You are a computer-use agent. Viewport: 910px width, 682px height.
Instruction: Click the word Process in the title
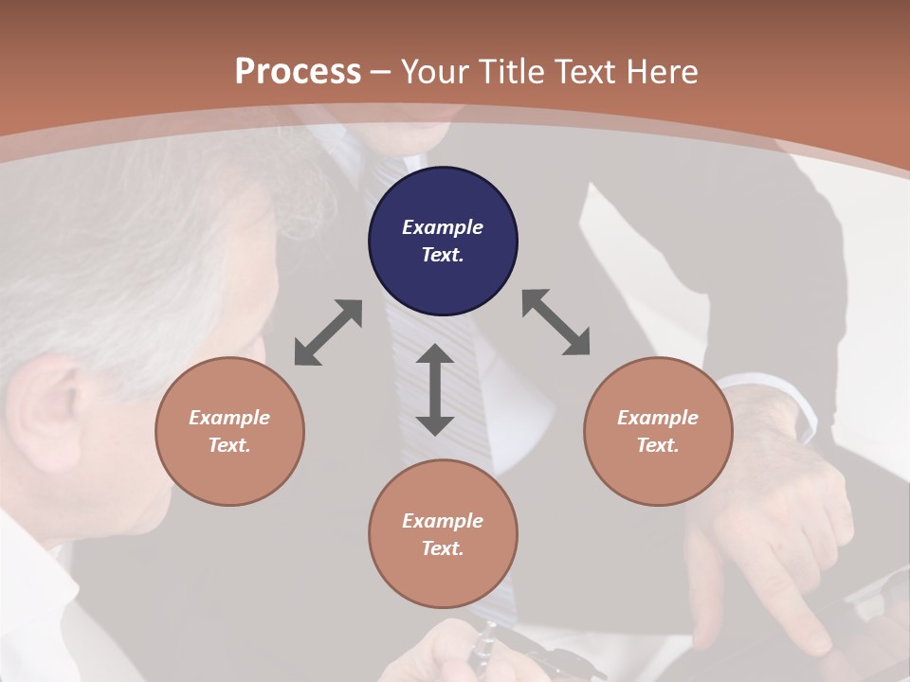[298, 72]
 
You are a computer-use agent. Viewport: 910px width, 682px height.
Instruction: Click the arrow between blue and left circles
[328, 332]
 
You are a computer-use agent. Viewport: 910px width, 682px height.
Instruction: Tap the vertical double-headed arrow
[435, 389]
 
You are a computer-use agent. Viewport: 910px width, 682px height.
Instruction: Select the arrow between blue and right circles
[555, 322]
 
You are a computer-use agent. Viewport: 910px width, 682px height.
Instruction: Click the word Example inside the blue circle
[443, 227]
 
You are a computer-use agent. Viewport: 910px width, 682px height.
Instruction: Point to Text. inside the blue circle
[443, 255]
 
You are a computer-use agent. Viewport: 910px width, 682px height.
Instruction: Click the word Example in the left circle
[229, 418]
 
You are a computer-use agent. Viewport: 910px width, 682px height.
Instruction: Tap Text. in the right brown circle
[657, 445]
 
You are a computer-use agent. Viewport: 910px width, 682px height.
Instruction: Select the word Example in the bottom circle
[443, 521]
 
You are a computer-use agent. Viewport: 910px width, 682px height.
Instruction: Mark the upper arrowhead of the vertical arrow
[435, 355]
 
